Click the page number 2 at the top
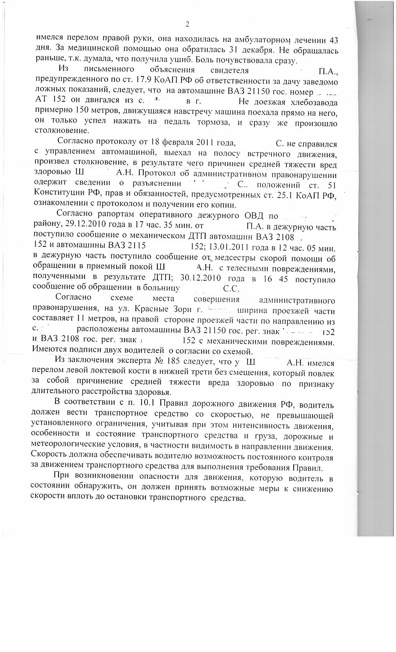coord(187,24)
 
